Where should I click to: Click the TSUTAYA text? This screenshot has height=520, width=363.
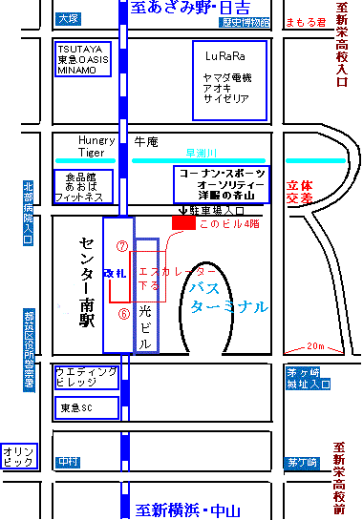click(78, 48)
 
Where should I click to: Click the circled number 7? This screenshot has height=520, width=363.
click(121, 245)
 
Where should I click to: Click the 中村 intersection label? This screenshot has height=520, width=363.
click(67, 461)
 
